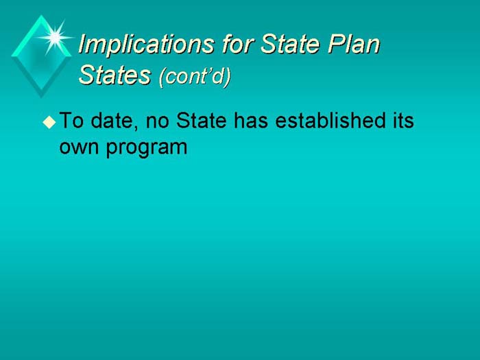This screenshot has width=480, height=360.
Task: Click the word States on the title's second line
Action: (x=115, y=75)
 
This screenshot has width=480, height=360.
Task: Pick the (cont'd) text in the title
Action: (x=195, y=75)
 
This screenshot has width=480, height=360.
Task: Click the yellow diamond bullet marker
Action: (x=48, y=123)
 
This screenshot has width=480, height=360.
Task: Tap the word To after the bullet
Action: (x=71, y=122)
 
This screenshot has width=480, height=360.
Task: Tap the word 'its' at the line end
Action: (x=402, y=122)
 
